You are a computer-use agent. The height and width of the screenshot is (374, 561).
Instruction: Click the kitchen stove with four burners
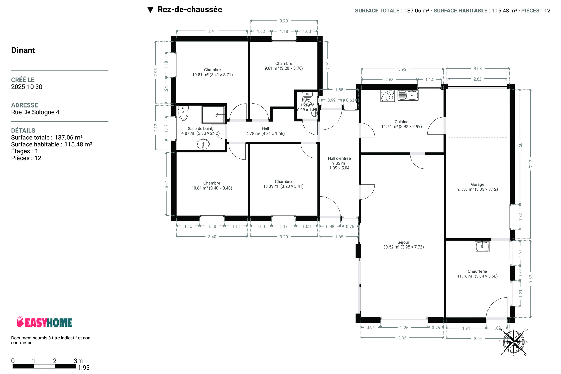(x=387, y=96)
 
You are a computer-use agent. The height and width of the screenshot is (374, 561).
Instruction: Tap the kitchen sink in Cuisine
(x=408, y=95)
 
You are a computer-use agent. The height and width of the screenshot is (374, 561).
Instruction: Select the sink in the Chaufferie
(x=482, y=246)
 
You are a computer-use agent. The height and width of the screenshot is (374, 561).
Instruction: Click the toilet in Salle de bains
(x=183, y=113)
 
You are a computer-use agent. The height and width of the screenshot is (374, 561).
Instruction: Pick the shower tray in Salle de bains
(x=213, y=115)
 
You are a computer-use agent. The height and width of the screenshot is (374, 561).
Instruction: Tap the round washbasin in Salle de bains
(x=203, y=144)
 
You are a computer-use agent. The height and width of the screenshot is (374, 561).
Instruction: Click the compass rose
(x=513, y=342)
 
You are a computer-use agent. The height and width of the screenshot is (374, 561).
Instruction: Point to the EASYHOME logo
(x=44, y=322)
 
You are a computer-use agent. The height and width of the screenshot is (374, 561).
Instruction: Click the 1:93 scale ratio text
(x=84, y=368)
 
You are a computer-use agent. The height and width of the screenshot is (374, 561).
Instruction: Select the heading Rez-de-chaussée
(x=190, y=10)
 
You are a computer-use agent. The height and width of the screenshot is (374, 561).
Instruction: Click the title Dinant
(x=23, y=50)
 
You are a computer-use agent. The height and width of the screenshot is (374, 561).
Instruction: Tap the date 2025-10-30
(x=27, y=87)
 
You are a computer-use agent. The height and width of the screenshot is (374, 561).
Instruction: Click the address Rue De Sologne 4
(x=35, y=112)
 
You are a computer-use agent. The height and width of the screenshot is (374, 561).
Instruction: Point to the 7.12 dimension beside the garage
(x=531, y=163)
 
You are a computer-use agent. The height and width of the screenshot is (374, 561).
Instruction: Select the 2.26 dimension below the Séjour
(x=404, y=328)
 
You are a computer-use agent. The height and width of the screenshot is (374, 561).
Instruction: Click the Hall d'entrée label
(x=339, y=158)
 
